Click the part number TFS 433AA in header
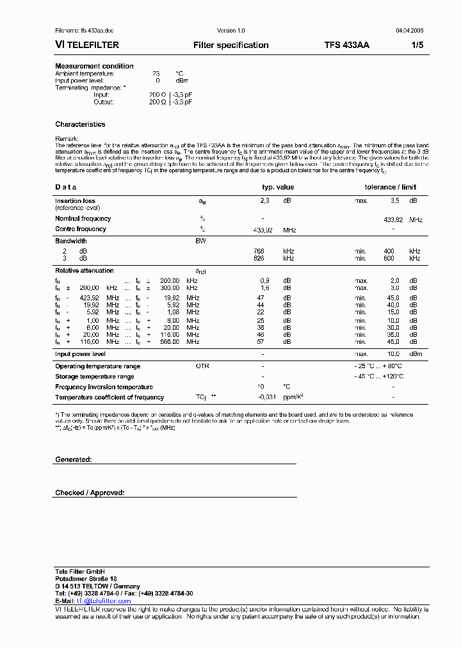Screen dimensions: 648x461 (x=346, y=45)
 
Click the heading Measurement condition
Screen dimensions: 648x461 (x=94, y=66)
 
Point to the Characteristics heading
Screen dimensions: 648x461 (x=80, y=124)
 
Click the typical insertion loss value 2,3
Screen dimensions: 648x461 (x=264, y=200)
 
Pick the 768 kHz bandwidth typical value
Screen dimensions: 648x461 (x=259, y=251)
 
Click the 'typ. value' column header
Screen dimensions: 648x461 (x=278, y=187)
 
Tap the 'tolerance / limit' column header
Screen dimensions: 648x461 (x=390, y=187)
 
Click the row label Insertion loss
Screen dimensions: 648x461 (x=75, y=200)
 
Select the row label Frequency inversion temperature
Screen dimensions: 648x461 (x=104, y=387)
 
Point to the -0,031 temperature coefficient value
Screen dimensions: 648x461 (x=266, y=398)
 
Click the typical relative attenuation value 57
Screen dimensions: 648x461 (x=261, y=343)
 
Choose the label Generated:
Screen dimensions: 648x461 (x=74, y=460)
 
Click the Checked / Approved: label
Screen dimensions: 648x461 (x=90, y=492)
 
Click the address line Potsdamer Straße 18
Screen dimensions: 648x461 (x=86, y=578)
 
